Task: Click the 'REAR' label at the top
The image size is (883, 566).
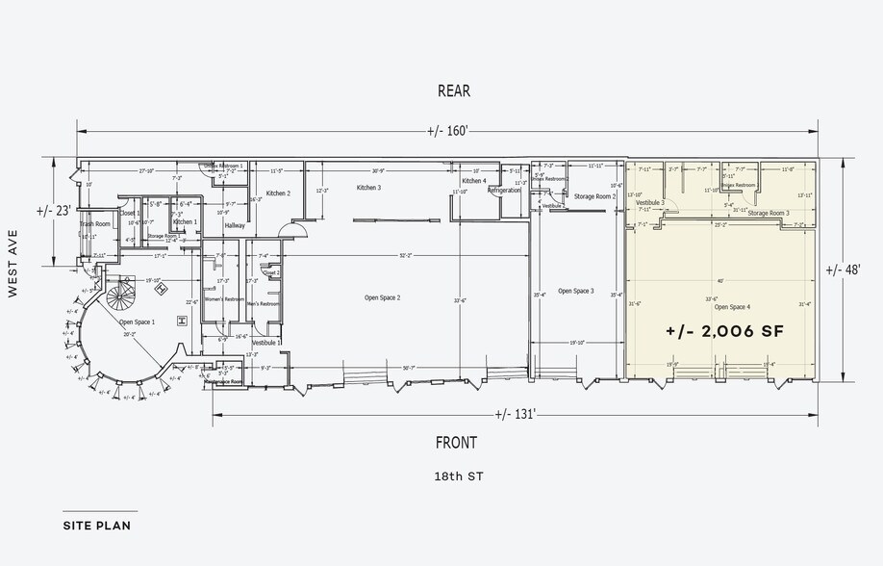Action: point(454,91)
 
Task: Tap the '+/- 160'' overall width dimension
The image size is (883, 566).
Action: point(448,132)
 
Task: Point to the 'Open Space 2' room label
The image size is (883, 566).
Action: point(382,298)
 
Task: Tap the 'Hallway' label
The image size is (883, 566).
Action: point(235,225)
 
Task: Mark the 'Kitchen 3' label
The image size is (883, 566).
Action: point(369,188)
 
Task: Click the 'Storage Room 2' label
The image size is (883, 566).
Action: point(594,196)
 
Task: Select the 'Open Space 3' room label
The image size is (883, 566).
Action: point(575,291)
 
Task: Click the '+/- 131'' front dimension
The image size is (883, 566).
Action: point(515,415)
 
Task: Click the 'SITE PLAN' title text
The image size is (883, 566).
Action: point(96,526)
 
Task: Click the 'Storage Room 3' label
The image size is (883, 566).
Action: point(769,213)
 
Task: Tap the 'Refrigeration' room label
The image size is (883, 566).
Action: point(503,191)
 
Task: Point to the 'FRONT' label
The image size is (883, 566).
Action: point(456,443)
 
